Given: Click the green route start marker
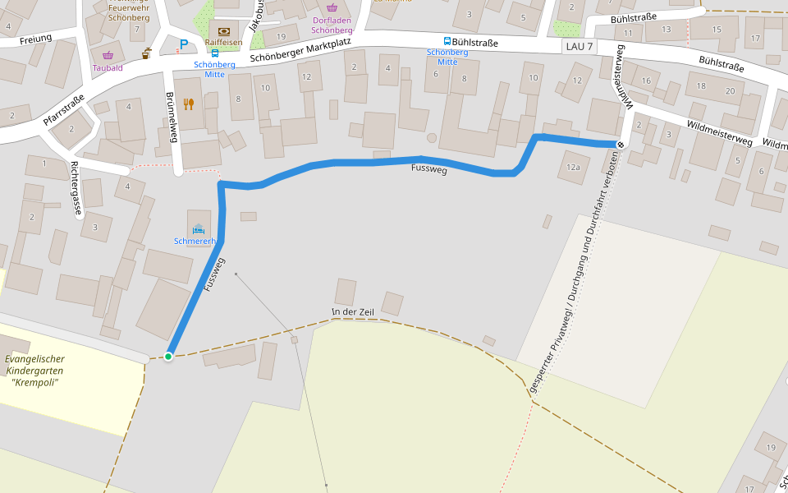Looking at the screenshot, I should click(168, 356).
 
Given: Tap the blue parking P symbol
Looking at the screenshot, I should click(184, 44).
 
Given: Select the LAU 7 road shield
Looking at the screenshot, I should click(579, 46).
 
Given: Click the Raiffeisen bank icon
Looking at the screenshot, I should click(224, 31).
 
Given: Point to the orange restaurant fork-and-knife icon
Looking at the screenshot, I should click(188, 104).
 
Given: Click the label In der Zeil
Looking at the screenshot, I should click(352, 311).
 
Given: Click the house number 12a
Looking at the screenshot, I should click(573, 168).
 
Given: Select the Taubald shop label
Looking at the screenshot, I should click(108, 67).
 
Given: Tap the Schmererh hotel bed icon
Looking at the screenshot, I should click(198, 228).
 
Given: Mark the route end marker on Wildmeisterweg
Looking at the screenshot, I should click(621, 145).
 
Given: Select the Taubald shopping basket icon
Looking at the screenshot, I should click(107, 55).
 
